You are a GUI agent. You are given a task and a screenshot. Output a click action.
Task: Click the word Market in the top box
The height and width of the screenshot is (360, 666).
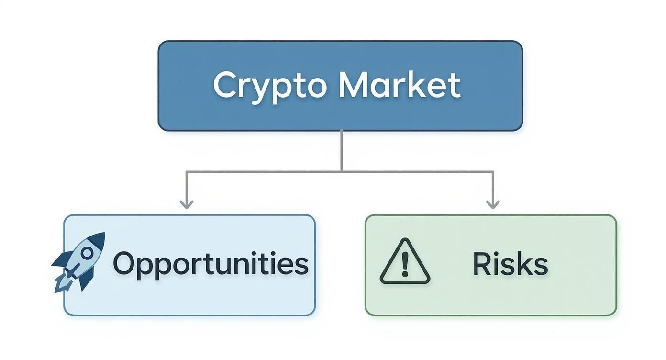[x=400, y=85]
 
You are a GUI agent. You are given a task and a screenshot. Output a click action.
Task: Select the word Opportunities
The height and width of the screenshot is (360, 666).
[x=211, y=264]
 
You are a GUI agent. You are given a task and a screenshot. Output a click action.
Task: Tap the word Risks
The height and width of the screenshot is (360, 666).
[x=510, y=264]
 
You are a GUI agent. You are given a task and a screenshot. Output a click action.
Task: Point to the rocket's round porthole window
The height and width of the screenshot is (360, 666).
[x=87, y=252]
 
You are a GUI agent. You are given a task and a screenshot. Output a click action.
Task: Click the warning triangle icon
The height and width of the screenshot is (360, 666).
[x=405, y=262]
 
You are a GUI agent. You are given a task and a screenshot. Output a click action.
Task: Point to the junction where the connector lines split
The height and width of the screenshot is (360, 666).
[x=341, y=171]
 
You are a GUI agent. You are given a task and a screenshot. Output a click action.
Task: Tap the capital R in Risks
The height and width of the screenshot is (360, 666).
[x=481, y=264]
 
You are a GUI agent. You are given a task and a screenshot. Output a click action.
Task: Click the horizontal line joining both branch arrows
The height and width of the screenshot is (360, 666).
[x=263, y=171]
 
